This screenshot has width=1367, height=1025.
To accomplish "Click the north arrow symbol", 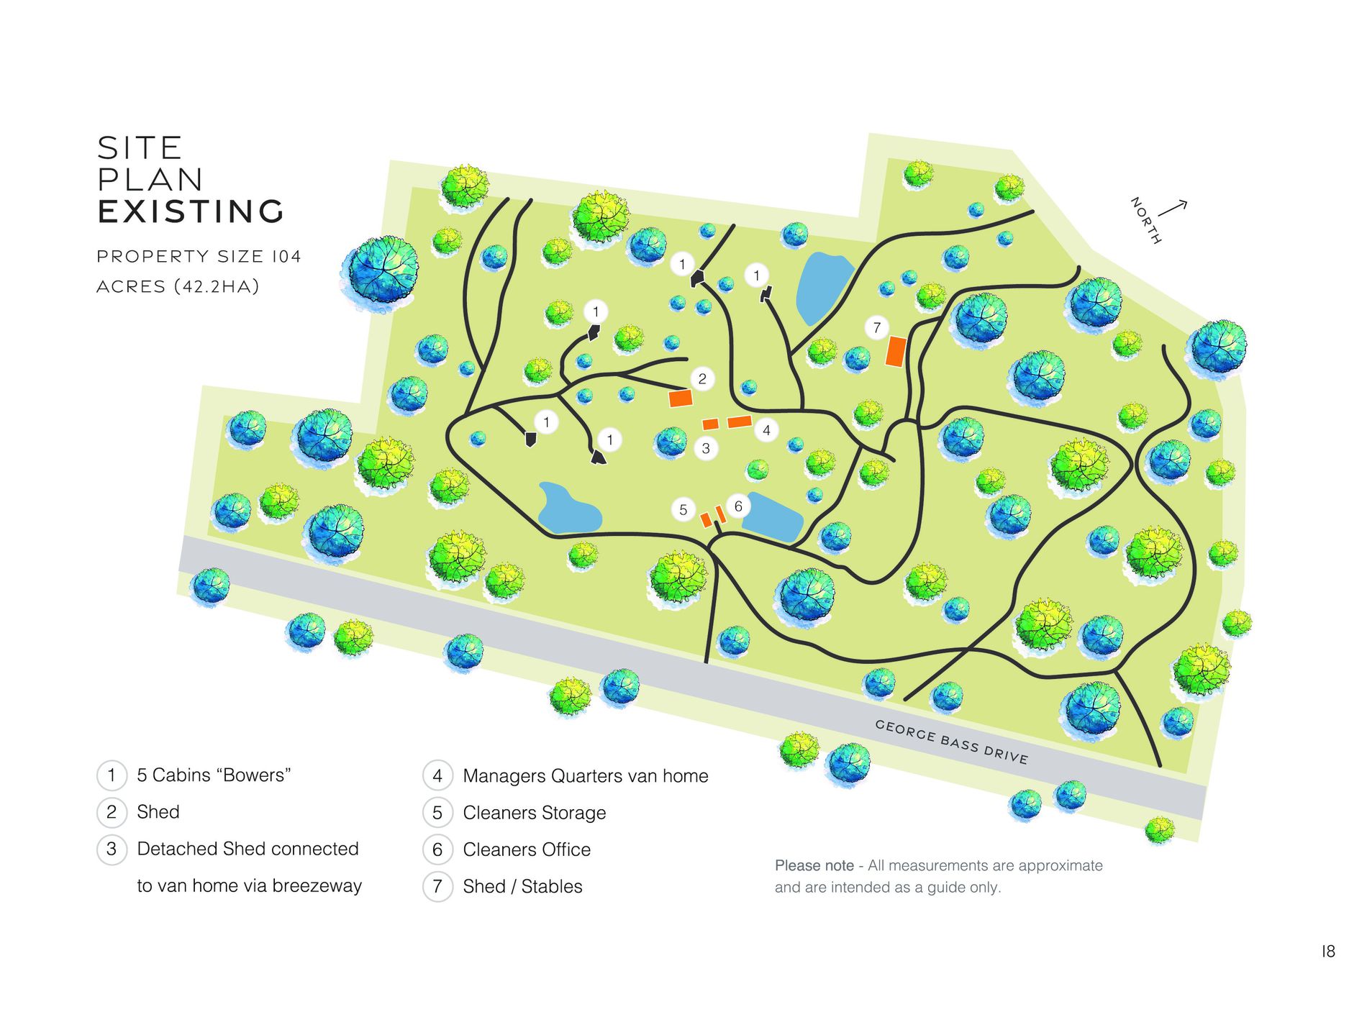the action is click(1172, 209).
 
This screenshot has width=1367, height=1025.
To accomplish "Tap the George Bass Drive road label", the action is click(951, 742).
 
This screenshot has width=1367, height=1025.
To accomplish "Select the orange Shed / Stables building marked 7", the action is click(896, 352).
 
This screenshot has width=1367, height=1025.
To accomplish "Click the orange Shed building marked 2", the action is click(681, 398).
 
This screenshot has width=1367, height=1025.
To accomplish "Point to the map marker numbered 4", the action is click(766, 430).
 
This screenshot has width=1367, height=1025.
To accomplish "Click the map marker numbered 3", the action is click(706, 448).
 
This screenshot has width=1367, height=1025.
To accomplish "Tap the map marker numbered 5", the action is click(683, 510).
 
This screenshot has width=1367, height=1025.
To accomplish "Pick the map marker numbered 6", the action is click(738, 506).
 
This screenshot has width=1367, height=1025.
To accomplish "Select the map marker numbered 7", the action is click(876, 328).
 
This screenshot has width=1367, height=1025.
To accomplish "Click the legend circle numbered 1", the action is click(112, 775).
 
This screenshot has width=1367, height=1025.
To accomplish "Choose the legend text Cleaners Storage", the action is click(534, 813).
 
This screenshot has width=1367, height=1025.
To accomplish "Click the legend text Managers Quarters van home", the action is click(586, 776).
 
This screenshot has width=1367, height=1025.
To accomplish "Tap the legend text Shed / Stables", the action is click(522, 886).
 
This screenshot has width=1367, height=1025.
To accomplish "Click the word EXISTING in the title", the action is click(191, 211).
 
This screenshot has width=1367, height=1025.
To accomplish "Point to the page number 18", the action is click(1328, 951).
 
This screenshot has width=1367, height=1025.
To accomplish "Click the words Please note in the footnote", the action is click(814, 865).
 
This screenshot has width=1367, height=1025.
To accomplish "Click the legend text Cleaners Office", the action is click(527, 849).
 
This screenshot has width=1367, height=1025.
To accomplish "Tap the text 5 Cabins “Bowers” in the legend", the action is click(214, 775).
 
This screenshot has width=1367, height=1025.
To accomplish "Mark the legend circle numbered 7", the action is click(437, 886).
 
